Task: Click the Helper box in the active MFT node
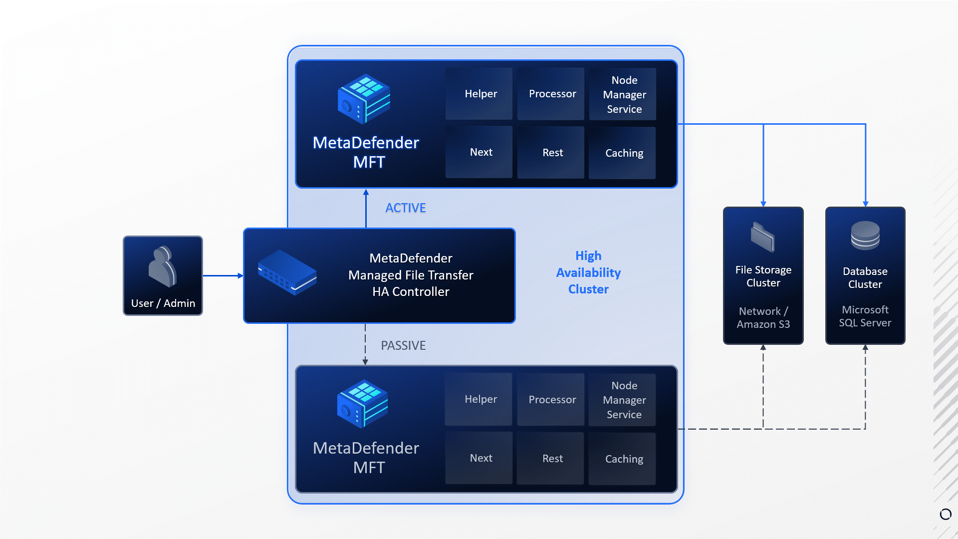pos(479,94)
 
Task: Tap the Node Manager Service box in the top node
pos(623,94)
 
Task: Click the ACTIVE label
pos(405,208)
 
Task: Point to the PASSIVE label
pos(403,345)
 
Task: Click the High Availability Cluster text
pos(588,272)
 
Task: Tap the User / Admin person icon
pos(163,267)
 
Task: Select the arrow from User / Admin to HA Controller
pos(223,275)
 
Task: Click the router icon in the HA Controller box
pos(287,272)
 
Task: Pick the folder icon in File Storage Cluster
pos(763,237)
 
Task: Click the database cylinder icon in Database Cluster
pos(865,235)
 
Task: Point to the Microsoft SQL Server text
pos(865,316)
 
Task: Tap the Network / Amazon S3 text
pos(763,318)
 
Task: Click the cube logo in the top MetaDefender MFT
pos(364,99)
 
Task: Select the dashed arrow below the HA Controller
pos(365,344)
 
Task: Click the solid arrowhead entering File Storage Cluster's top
pos(763,203)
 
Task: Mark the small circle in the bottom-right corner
pos(946,514)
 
